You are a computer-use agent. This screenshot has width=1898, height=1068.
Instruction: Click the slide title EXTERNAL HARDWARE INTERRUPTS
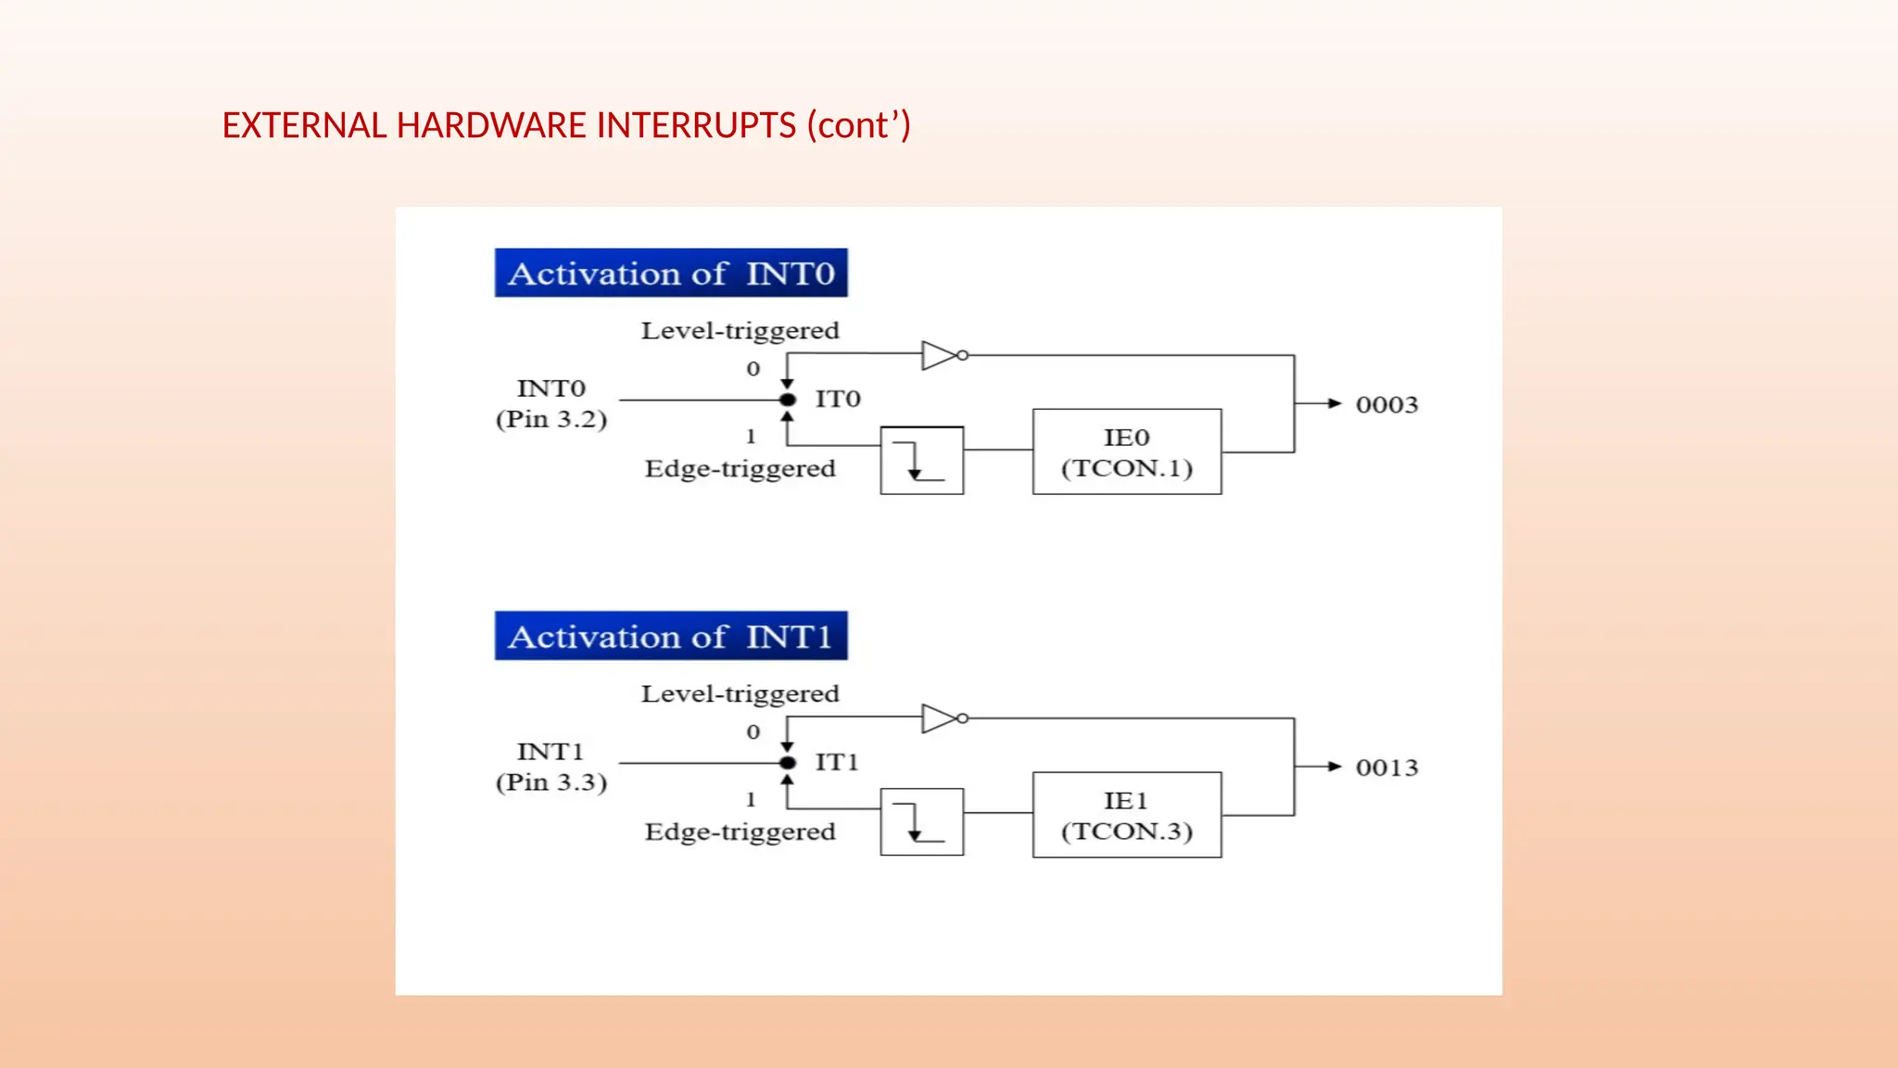[x=566, y=125]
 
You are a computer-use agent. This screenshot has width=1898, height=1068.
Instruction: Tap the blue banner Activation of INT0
[x=671, y=273]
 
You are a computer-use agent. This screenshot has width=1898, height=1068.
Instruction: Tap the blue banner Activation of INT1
[x=671, y=637]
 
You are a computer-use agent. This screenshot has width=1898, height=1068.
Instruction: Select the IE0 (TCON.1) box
[x=1127, y=451]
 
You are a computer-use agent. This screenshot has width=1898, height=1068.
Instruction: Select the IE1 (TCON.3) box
[x=1127, y=815]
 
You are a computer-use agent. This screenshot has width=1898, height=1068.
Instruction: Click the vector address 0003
[x=1386, y=405]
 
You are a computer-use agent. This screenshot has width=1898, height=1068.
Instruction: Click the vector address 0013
[x=1386, y=768]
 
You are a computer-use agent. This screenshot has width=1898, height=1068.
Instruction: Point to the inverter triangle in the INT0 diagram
[x=940, y=355]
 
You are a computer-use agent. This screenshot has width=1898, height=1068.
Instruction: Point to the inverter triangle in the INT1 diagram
[x=940, y=718]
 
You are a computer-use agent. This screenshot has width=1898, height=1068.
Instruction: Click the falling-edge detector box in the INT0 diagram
[x=921, y=460]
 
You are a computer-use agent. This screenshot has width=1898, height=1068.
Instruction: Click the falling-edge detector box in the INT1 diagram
[x=921, y=822]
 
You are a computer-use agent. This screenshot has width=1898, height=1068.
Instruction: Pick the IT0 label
[x=838, y=400]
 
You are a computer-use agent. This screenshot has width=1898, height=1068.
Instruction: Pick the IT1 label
[x=837, y=762]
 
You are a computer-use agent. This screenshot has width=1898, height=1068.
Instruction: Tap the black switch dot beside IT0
[x=788, y=400]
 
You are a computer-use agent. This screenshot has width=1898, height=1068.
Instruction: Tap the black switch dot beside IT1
[x=788, y=763]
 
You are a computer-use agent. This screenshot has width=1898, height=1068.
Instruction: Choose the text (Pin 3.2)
[x=551, y=419]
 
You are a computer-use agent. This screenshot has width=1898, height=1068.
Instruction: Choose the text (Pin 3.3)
[x=551, y=782]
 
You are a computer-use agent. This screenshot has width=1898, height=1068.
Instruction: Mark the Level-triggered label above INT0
[x=740, y=331]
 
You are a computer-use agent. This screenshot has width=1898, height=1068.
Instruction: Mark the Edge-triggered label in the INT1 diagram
[x=740, y=832]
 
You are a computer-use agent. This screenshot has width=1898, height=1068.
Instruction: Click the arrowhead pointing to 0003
[x=1335, y=403]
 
